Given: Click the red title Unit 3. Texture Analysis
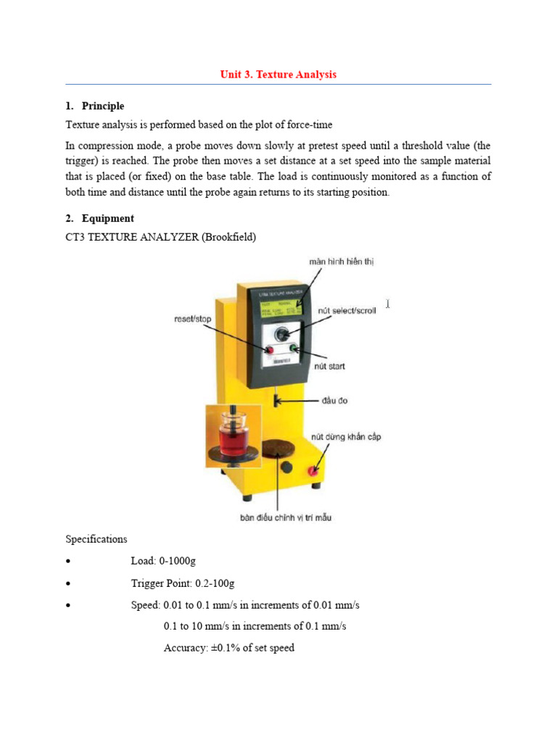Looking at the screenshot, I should coord(278,75).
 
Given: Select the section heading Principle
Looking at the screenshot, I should coord(102,106).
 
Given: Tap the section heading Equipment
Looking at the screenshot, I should coord(107,218).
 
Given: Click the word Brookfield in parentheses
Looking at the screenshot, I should coord(230,237).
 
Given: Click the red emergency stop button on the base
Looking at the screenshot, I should coord(314,470).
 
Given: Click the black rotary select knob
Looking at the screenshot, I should coord(283,334).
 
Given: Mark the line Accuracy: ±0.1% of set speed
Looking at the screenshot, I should coord(229,648).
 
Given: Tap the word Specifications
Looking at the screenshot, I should coord(96,539).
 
